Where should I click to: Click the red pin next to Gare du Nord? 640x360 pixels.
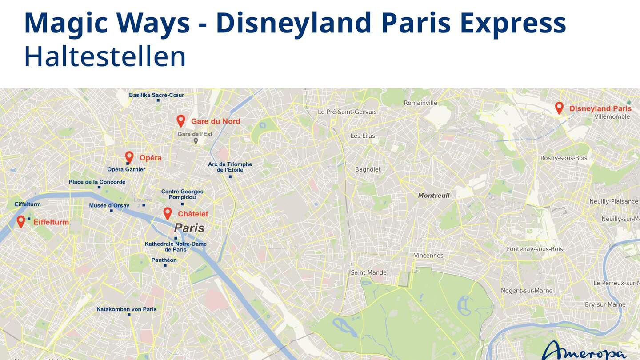point(180,120)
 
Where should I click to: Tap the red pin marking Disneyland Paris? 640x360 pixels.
point(559,108)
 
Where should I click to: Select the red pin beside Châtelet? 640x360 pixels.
point(168,213)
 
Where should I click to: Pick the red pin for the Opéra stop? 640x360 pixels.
point(129,157)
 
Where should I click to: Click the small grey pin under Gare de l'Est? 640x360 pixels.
point(196,141)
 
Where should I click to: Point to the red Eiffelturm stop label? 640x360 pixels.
point(51,222)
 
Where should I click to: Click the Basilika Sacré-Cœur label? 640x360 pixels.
point(156,95)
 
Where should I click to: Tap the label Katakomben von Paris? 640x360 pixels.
point(127,309)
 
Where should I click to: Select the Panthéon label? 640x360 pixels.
point(164,260)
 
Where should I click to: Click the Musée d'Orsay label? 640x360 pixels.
point(109,205)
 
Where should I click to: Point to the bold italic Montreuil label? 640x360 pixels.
point(434,196)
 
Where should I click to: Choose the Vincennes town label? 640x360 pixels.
point(428,256)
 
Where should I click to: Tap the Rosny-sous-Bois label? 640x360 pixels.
point(564,158)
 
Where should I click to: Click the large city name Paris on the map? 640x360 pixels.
point(189,228)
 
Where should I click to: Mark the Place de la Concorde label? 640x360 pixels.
point(97,182)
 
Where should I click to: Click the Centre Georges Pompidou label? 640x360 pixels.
point(182,194)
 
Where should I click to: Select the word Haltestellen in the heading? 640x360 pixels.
point(105,56)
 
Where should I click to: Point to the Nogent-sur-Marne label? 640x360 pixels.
point(527,291)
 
